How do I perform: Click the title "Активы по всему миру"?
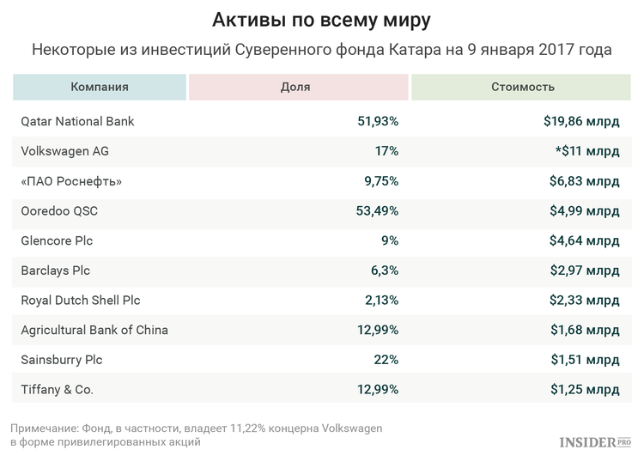click(321, 19)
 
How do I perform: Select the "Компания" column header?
click(100, 87)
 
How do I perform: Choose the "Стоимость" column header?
click(522, 87)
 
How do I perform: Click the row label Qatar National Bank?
click(77, 121)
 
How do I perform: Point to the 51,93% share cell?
click(378, 121)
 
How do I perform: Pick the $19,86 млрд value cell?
click(581, 121)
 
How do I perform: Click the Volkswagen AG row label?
click(64, 151)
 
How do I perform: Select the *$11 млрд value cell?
click(586, 151)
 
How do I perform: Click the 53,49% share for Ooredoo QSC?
click(378, 211)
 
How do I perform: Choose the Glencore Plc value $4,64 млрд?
click(585, 240)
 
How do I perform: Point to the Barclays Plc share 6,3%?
click(384, 271)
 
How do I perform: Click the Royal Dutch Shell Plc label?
click(80, 301)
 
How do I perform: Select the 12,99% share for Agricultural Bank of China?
click(378, 330)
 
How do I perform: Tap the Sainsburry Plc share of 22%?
click(386, 360)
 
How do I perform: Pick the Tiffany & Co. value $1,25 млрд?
click(585, 390)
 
